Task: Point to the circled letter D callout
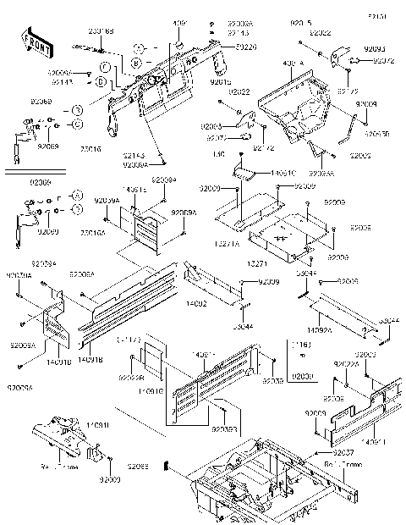click(x=101, y=83)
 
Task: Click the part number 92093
click(x=378, y=50)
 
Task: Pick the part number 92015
click(x=219, y=81)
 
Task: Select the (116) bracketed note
click(x=299, y=345)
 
